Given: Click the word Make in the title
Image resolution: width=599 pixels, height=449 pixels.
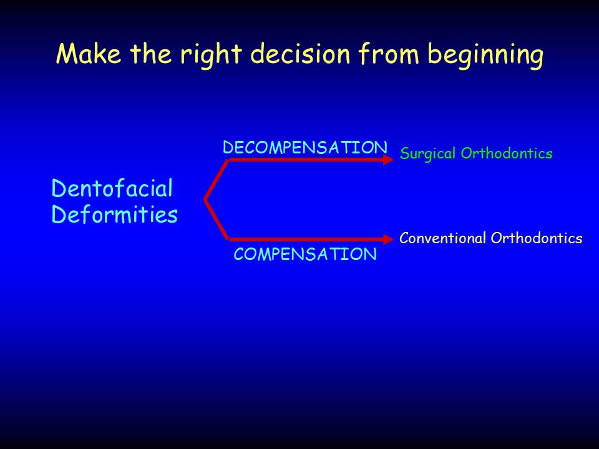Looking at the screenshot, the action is pos(89,54).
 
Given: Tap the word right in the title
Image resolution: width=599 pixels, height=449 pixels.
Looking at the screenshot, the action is pos(211,56).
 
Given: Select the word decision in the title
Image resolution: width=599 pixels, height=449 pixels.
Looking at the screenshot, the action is pos(300,53).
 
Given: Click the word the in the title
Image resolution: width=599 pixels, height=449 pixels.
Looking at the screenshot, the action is pos(151,53).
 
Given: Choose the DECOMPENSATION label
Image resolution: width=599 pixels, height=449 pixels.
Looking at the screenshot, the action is pos(305,148).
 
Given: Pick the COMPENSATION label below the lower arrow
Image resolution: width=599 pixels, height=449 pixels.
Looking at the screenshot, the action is pos(305,254).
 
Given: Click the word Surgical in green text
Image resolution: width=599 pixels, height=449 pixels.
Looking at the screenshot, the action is pos(428,154).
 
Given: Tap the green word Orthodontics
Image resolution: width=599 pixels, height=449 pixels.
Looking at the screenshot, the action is pos(507,153).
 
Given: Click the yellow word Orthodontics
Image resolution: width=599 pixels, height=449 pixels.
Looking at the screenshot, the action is pos(537,238).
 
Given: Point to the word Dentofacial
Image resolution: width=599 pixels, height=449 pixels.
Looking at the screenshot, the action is pos(112,188).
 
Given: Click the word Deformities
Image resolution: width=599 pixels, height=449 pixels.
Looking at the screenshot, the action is pos(114,214).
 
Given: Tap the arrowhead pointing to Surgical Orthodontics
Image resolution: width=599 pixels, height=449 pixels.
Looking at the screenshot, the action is pos(388,160).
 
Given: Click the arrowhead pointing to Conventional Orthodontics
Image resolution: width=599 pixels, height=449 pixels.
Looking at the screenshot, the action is pos(388,239).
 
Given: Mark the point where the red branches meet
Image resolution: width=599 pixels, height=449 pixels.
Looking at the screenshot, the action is pos(205,200).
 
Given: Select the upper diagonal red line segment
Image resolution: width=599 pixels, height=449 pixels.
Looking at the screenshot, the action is pos(217,180).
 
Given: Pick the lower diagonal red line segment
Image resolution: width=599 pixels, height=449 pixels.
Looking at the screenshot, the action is pos(217,219).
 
